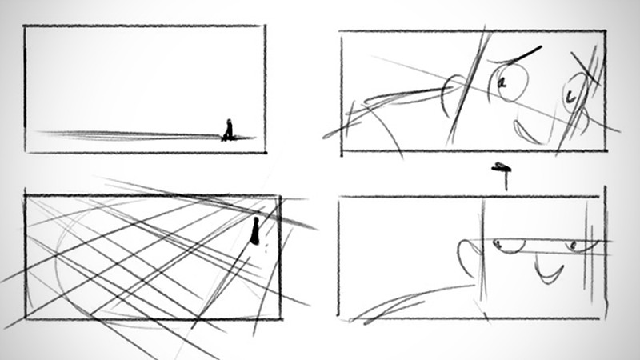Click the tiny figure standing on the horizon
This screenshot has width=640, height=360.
[x=228, y=130]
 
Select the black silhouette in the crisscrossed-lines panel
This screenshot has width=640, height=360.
[x=255, y=231]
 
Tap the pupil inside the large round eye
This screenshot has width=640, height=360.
[x=504, y=82]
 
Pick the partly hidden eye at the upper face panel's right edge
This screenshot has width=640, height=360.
[x=574, y=94]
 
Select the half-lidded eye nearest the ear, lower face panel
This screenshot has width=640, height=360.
[x=503, y=243]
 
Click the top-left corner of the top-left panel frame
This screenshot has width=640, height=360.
[x=25, y=27]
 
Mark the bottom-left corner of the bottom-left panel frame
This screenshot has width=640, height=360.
[x=26, y=318]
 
